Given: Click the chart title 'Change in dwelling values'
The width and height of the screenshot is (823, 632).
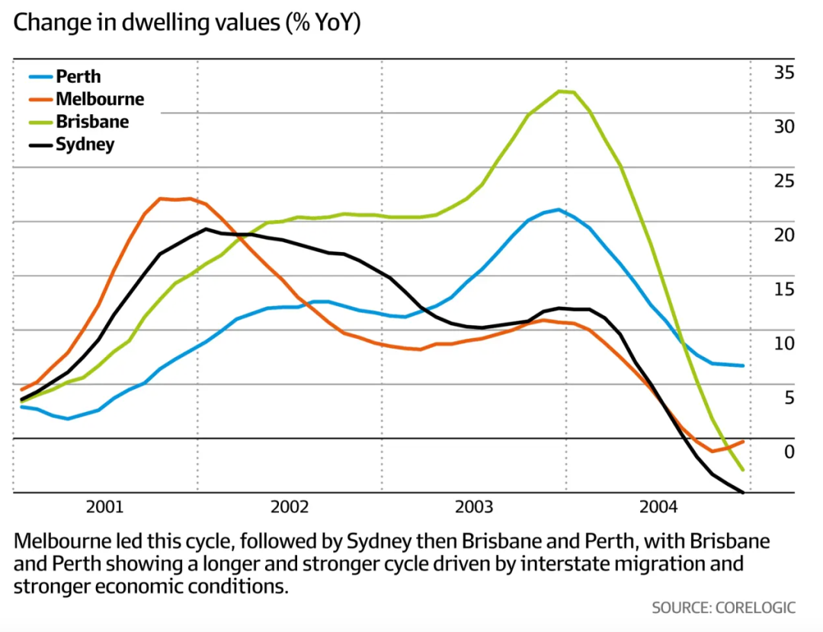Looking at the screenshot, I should tap(187, 22).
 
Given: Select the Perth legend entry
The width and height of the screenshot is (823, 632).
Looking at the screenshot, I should tap(78, 76).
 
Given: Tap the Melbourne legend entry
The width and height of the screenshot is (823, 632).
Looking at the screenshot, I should tap(99, 99).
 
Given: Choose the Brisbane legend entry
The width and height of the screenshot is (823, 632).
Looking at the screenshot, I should tap(92, 122).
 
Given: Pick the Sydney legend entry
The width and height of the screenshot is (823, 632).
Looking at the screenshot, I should tap(85, 145).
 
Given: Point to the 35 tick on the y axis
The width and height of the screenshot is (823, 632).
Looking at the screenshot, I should tap(784, 73).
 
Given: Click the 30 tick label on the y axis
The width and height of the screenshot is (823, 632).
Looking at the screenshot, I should tap(784, 127).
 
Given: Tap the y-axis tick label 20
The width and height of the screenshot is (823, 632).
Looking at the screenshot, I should tap(784, 235).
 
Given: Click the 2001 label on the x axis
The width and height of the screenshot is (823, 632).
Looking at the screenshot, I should tap(104, 507).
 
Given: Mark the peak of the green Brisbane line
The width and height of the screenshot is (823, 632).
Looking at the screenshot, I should tap(560, 91).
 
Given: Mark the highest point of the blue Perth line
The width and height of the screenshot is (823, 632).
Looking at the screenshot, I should tap(559, 209).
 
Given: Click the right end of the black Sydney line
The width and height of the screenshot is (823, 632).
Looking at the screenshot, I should tap(742, 492).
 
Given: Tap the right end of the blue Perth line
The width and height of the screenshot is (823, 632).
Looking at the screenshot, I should tap(742, 365).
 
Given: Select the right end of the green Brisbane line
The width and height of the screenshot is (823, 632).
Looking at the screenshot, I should tap(742, 471).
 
